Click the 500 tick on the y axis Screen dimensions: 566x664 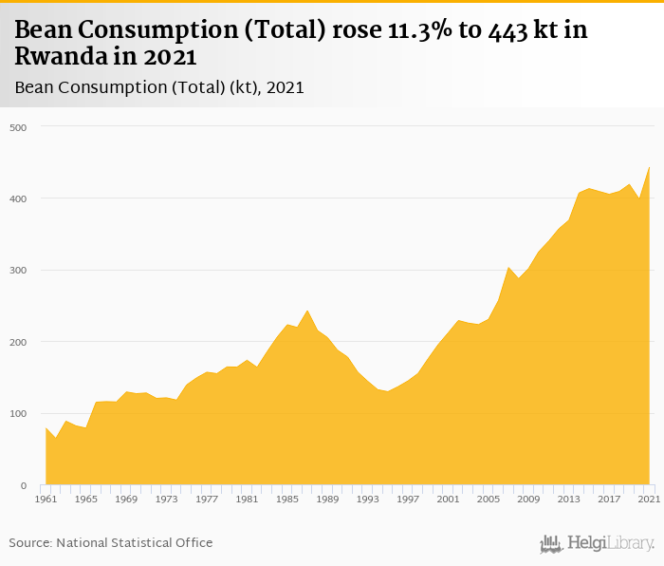click(x=19, y=126)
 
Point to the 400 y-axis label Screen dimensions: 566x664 click(x=19, y=198)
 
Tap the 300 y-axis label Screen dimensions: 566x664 click(x=19, y=270)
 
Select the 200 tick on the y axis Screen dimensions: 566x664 click(x=19, y=342)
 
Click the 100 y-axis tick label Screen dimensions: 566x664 click(x=19, y=414)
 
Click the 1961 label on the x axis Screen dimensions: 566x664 click(x=46, y=499)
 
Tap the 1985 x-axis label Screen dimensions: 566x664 click(x=287, y=499)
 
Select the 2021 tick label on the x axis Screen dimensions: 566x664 click(x=650, y=499)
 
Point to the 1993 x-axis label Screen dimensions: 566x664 click(x=368, y=499)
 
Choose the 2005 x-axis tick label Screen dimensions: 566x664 click(x=489, y=499)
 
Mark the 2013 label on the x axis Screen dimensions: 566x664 click(x=569, y=499)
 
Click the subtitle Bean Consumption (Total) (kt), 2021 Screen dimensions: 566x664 click(x=158, y=87)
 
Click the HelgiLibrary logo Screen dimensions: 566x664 click(x=597, y=543)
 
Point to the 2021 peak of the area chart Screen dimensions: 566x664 click(x=650, y=168)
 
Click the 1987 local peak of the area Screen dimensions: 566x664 click(x=307, y=311)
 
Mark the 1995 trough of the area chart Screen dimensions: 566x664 click(x=388, y=391)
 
